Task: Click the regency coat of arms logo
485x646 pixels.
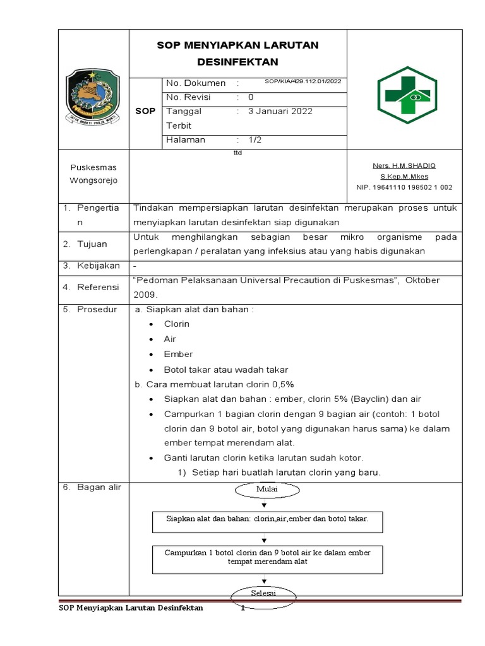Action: pos(93,96)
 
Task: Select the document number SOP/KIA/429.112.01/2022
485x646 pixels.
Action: pos(302,81)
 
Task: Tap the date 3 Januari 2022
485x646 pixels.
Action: pos(280,111)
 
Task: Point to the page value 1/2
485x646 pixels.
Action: pos(254,140)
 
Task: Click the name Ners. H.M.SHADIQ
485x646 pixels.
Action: pos(404,165)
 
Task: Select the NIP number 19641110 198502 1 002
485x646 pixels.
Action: pos(404,187)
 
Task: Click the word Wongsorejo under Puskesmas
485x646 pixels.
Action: pos(93,180)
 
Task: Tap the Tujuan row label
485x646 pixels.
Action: pos(92,244)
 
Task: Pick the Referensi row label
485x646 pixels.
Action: pos(98,287)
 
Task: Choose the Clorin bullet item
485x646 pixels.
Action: pos(176,324)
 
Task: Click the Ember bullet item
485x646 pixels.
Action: pos(178,354)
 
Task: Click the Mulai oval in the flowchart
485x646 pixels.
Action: pos(266,489)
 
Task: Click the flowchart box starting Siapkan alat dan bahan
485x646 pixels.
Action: pos(267,518)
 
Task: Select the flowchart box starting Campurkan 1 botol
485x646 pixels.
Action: pos(267,557)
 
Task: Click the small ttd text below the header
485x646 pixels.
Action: pos(237,153)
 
